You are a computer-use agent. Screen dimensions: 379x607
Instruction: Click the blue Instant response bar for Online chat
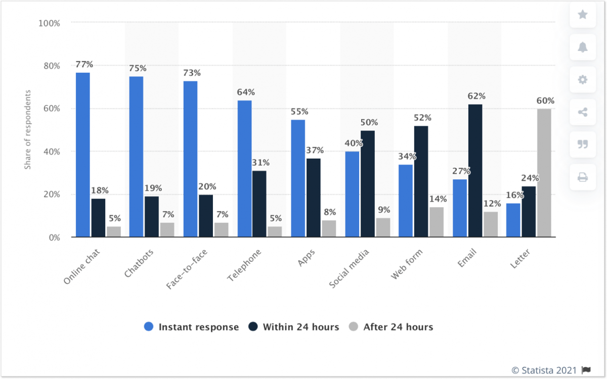pos(83,155)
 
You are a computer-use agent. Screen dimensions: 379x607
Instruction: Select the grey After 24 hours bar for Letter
pos(544,173)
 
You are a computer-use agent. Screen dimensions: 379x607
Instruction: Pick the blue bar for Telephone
pos(244,168)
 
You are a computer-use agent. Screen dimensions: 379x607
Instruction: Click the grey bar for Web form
pos(437,222)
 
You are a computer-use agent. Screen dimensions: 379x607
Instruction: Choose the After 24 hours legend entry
pos(391,327)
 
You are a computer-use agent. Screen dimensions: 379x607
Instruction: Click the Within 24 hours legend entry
pos(293,327)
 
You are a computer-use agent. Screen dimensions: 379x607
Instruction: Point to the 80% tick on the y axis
pos(51,66)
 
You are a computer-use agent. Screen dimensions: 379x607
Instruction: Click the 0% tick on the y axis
pos(53,237)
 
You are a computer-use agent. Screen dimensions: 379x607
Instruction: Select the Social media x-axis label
pos(350,268)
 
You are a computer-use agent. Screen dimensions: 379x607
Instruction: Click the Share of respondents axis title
pos(28,129)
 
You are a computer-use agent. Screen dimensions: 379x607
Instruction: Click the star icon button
pos(583,15)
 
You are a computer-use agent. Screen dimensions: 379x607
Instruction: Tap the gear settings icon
pos(583,80)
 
